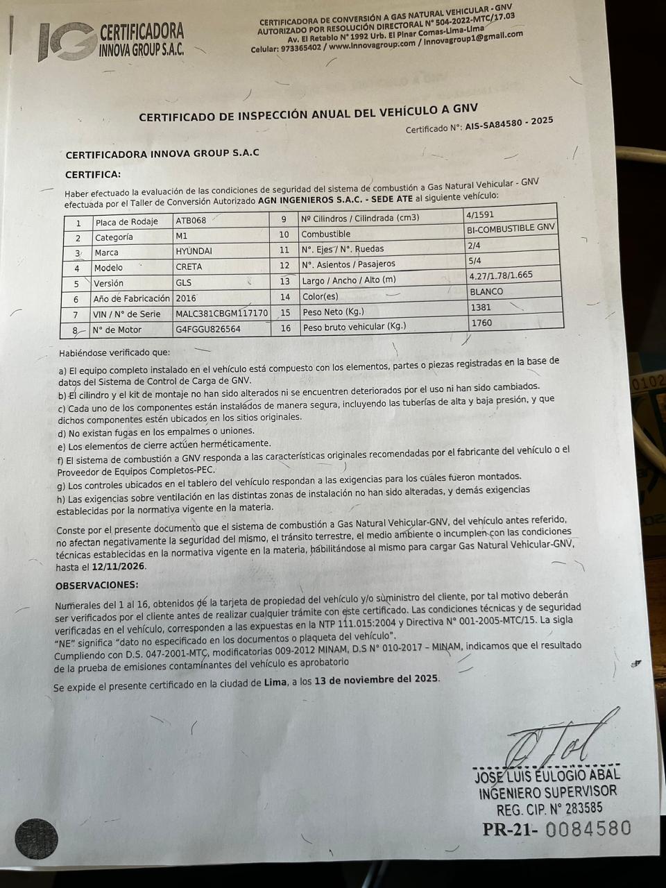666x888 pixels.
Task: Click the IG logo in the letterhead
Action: coord(67,42)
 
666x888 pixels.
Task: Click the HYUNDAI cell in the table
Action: coord(194,252)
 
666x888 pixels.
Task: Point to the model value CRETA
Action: coord(189,267)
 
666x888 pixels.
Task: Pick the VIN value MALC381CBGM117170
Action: coord(221,314)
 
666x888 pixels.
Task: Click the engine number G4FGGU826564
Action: coord(208,329)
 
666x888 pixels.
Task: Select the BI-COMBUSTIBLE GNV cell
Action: coord(512,228)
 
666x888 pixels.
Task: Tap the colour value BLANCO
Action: coord(486,291)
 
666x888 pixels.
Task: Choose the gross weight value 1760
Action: coord(481,323)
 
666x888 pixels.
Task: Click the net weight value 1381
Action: coord(481,307)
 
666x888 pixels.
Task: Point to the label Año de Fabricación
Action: coord(131,298)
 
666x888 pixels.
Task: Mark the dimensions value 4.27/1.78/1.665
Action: coord(501,275)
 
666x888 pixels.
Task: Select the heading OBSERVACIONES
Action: coord(96,585)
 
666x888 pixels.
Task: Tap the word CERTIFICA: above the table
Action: coord(93,174)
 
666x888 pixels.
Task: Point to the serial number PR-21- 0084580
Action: coord(557,828)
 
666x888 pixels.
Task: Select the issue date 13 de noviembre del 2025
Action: coord(376,679)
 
